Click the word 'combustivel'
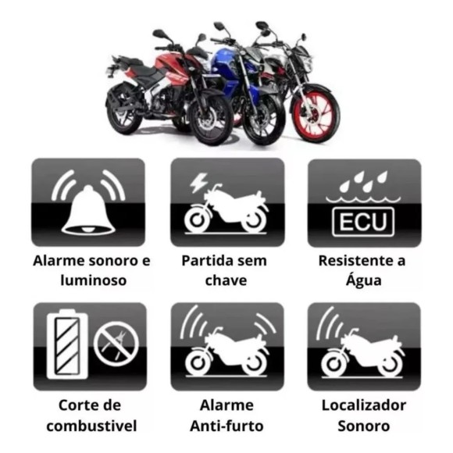click(x=91, y=426)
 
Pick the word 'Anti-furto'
click(x=226, y=426)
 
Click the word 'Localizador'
click(x=364, y=405)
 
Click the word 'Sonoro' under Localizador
click(x=364, y=426)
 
